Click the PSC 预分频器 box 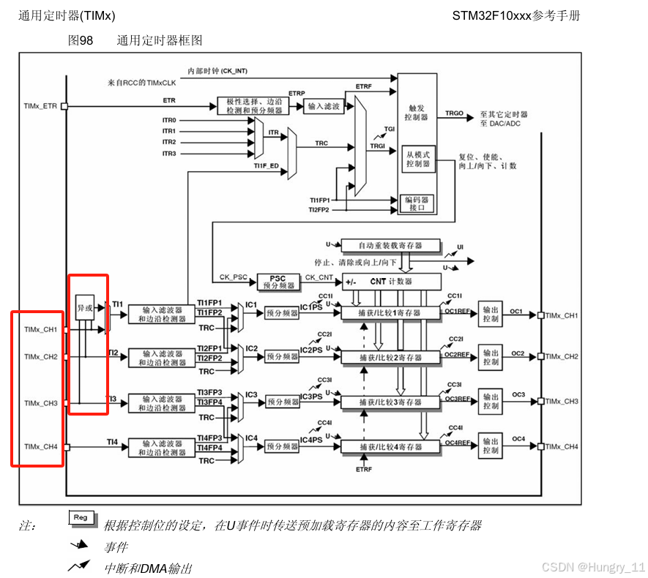[x=278, y=282]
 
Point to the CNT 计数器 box [x=392, y=282]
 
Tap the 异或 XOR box [x=85, y=308]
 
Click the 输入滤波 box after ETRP [x=323, y=107]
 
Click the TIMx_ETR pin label [x=40, y=107]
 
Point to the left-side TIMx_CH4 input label [x=40, y=446]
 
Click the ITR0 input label [x=169, y=121]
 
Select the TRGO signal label [x=455, y=114]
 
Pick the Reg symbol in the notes [x=81, y=518]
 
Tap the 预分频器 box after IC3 [x=282, y=402]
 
